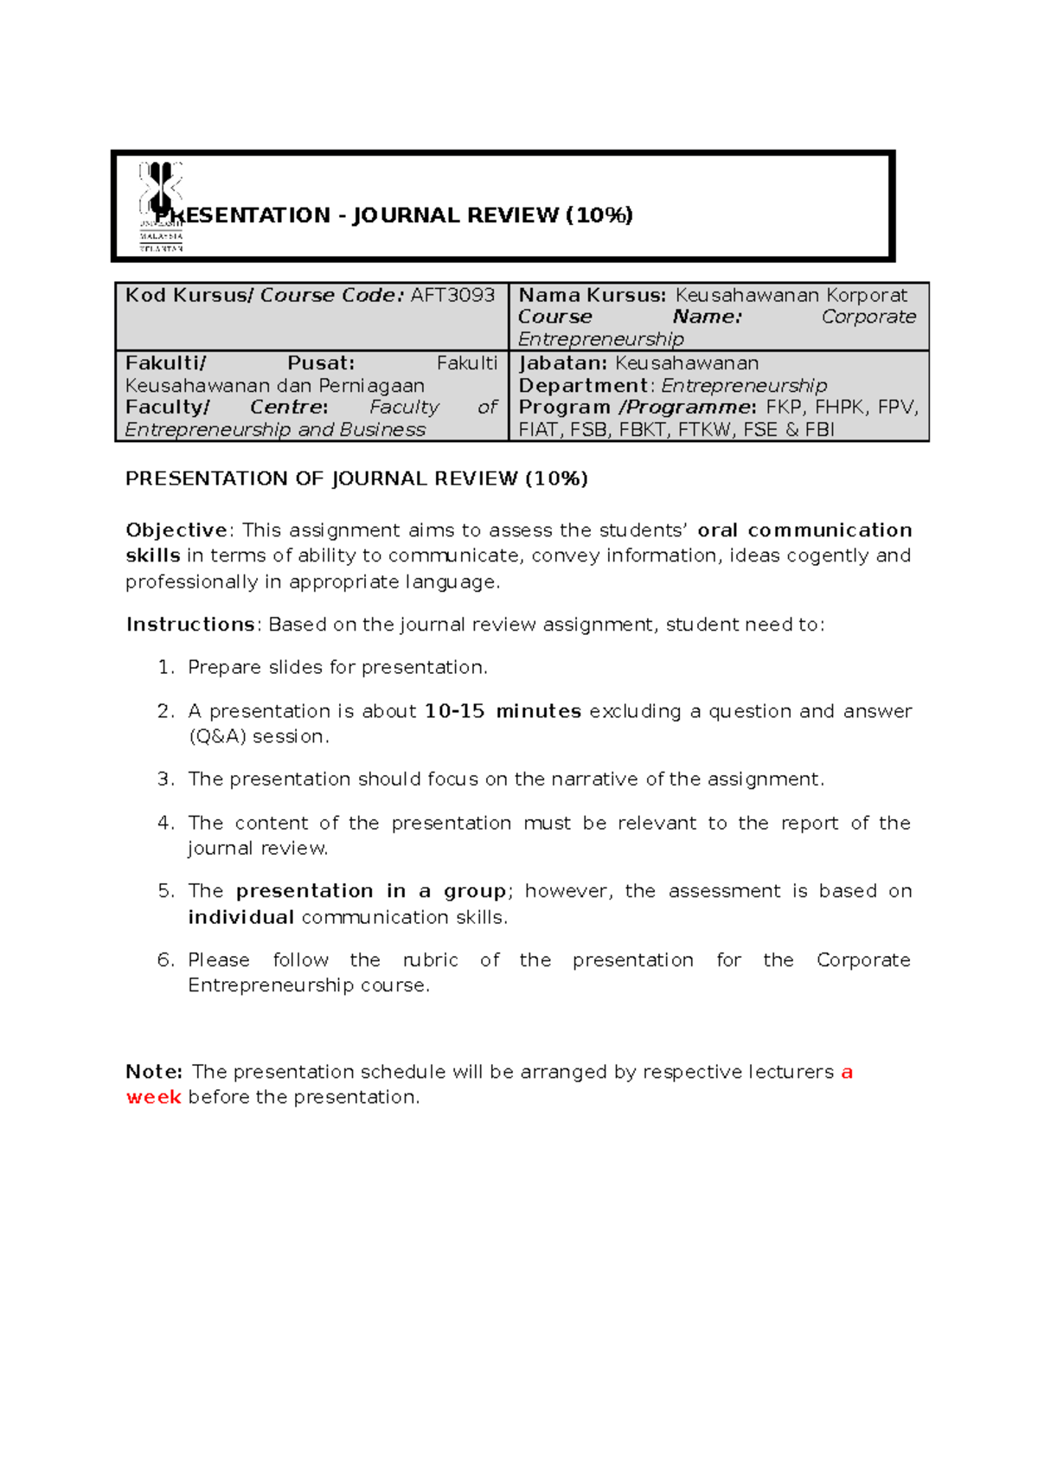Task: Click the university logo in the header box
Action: [x=161, y=206]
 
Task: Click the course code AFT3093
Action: [x=452, y=295]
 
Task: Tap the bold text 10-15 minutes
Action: [x=503, y=711]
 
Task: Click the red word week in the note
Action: [x=153, y=1097]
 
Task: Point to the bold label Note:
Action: [x=154, y=1072]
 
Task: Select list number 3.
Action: [x=165, y=779]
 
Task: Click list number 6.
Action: [x=165, y=960]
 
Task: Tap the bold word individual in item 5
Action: [x=241, y=917]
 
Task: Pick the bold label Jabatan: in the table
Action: [x=562, y=363]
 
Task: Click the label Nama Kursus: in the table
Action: [x=593, y=295]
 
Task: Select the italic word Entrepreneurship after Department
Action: [x=744, y=386]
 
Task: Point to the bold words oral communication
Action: [x=804, y=530]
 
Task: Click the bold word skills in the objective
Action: [x=152, y=555]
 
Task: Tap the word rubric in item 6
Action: [x=431, y=960]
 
